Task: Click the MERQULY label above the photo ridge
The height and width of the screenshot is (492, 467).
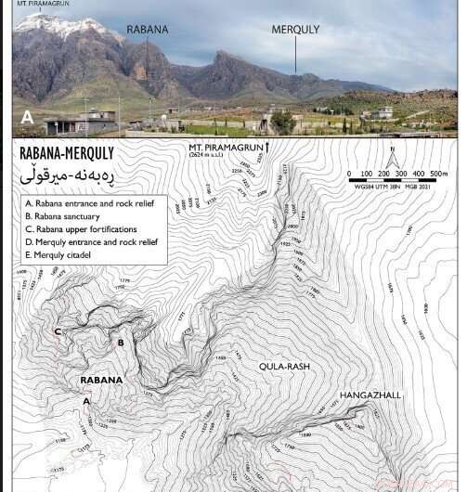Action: coord(295,30)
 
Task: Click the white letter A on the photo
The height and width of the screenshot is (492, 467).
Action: coord(28,119)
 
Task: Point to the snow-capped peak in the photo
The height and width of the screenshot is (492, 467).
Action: coord(60,25)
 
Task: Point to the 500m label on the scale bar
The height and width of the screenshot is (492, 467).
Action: coord(438,173)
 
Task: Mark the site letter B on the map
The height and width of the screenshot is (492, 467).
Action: coord(120,343)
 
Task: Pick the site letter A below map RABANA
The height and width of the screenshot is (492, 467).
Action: coord(87,401)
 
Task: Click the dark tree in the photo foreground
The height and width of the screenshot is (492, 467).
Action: coord(281,122)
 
